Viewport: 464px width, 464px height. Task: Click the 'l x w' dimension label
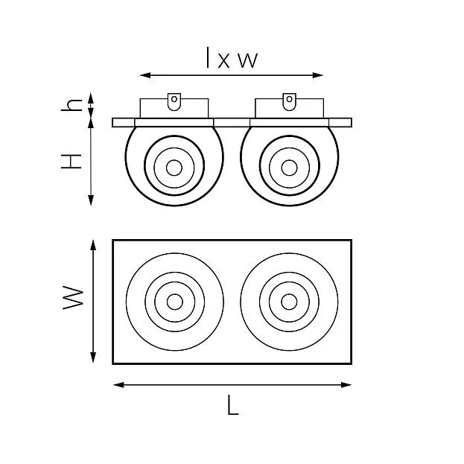(232, 57)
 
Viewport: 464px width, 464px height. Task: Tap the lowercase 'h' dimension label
(71, 105)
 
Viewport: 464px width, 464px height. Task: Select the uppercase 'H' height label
(71, 162)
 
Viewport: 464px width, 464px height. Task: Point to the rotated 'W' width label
(73, 297)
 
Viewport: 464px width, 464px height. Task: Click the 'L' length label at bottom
(233, 405)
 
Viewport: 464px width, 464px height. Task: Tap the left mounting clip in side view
(174, 101)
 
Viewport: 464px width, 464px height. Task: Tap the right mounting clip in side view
(289, 101)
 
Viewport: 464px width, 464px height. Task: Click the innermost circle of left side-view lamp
(174, 168)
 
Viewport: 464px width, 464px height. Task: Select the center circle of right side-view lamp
(289, 168)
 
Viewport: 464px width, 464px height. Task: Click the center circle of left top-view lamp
(174, 302)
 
